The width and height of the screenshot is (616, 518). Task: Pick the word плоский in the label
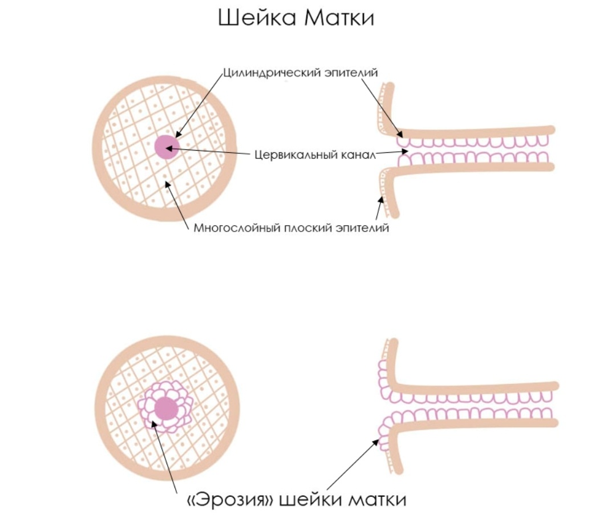coord(308,228)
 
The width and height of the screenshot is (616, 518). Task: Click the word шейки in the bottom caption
coord(308,499)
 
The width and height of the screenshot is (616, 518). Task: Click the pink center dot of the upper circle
coord(166,147)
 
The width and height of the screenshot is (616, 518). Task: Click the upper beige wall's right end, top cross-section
coord(550,129)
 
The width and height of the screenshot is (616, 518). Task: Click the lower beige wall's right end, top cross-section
coord(550,167)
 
